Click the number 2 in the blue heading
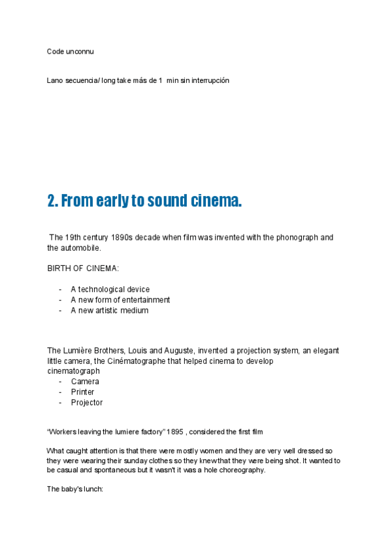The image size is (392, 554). tap(52, 201)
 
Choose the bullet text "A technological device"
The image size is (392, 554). tap(110, 289)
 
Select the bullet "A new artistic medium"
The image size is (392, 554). tap(110, 310)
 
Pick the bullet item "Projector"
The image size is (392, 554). tap(87, 402)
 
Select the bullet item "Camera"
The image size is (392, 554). tap(85, 382)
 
